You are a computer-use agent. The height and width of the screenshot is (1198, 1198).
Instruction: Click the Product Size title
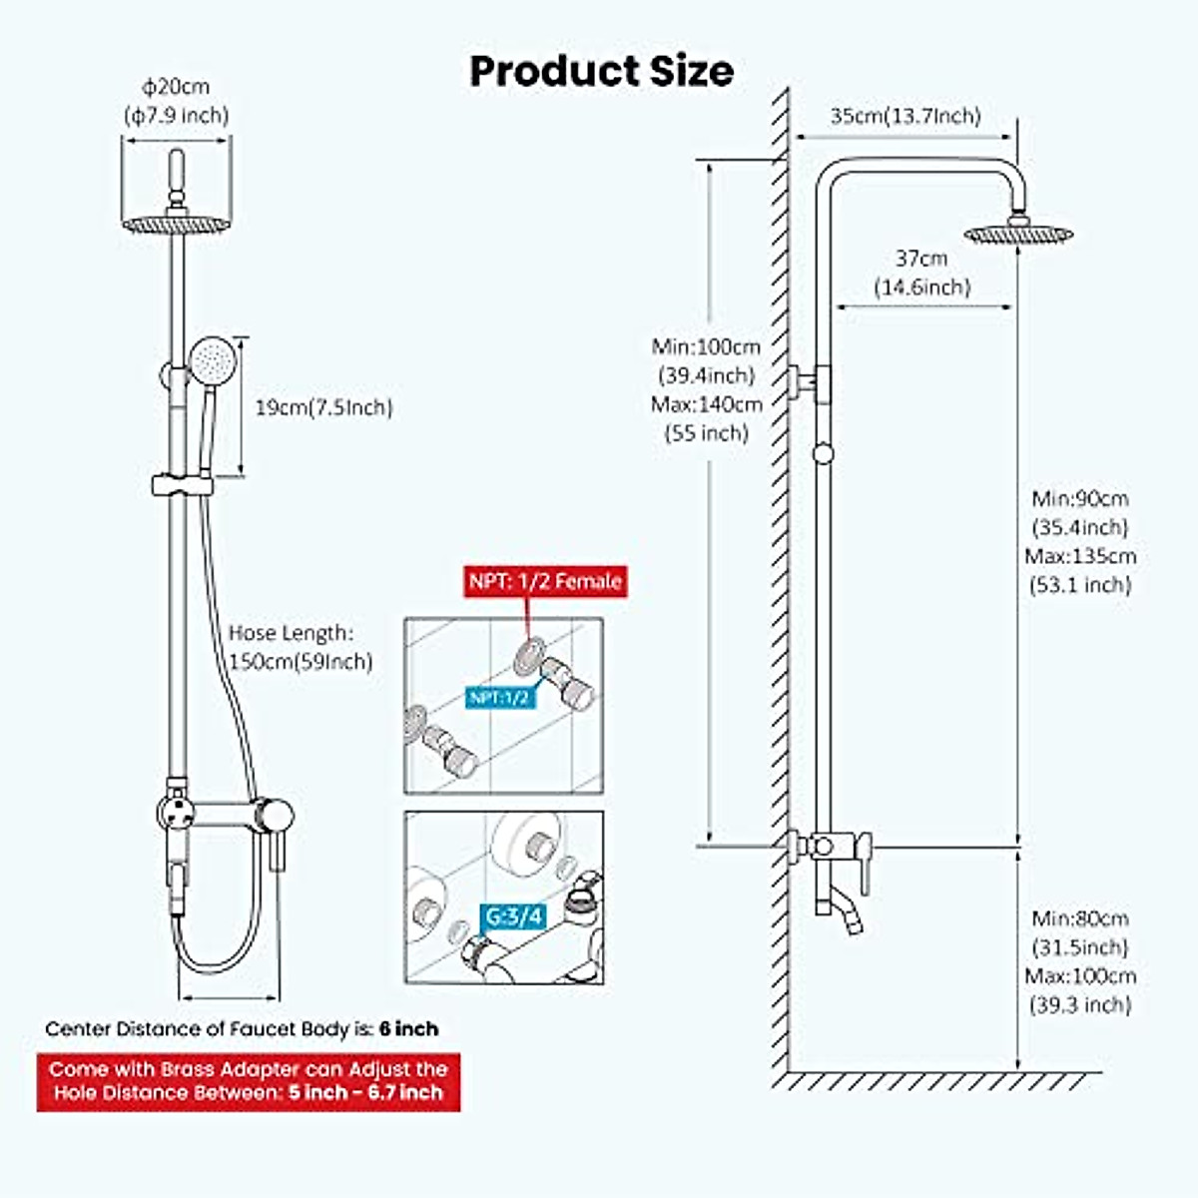coord(601,72)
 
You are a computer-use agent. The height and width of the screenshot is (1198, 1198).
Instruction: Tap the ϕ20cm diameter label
coord(176,88)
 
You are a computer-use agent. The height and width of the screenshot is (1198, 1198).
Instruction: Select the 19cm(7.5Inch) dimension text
coord(324,407)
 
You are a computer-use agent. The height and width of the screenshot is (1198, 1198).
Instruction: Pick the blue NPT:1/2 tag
coord(498,697)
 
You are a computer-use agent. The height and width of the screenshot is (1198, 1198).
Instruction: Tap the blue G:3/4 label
coord(514,915)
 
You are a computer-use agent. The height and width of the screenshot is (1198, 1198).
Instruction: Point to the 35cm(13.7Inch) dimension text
coord(904,117)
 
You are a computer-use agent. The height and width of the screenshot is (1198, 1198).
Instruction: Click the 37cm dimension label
coord(920,259)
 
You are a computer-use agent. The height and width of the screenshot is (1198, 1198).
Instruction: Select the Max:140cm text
coord(707,404)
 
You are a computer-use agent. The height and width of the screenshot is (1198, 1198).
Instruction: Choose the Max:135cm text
coord(1080,556)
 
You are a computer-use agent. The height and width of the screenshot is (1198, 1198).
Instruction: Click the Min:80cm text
coord(1080,918)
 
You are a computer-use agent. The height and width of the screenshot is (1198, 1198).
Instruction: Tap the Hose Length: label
coord(290,633)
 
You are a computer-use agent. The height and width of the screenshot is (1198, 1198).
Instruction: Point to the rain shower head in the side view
coord(1017,234)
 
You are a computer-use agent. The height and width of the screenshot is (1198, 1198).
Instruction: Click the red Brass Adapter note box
coord(249,1081)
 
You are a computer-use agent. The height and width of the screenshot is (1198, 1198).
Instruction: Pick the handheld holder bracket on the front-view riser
coord(181,485)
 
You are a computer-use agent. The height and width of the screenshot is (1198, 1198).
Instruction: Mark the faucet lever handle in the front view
coord(274,844)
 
